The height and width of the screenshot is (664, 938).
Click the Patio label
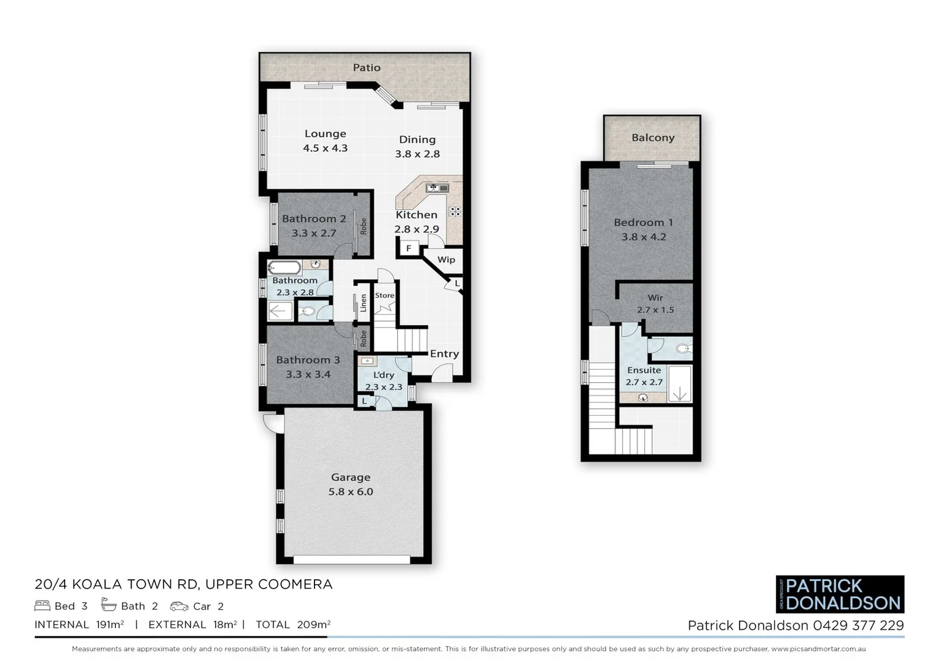pyautogui.click(x=366, y=68)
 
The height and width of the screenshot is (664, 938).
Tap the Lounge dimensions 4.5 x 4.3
pyautogui.click(x=325, y=148)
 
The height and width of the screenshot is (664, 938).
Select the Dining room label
pyautogui.click(x=417, y=140)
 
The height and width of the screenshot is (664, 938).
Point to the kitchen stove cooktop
pyautogui.click(x=455, y=211)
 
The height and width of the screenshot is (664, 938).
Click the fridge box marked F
pyautogui.click(x=408, y=248)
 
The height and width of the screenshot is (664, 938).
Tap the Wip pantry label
pyautogui.click(x=446, y=259)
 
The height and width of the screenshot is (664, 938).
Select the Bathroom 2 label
pyautogui.click(x=313, y=219)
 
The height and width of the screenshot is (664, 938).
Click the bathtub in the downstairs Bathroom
pyautogui.click(x=284, y=268)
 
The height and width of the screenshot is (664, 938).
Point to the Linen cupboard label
pyautogui.click(x=363, y=302)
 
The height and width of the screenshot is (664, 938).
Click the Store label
pyautogui.click(x=385, y=295)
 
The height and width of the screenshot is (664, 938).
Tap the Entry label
pyautogui.click(x=444, y=354)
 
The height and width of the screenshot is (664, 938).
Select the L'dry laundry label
pyautogui.click(x=383, y=375)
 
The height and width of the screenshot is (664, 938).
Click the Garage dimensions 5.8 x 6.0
pyautogui.click(x=350, y=492)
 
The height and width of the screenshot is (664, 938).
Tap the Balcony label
pyautogui.click(x=652, y=138)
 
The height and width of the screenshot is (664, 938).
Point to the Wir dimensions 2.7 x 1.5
pyautogui.click(x=655, y=310)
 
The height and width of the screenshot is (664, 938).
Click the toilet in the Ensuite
pyautogui.click(x=681, y=349)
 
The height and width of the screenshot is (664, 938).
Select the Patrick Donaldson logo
pyautogui.click(x=840, y=594)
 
